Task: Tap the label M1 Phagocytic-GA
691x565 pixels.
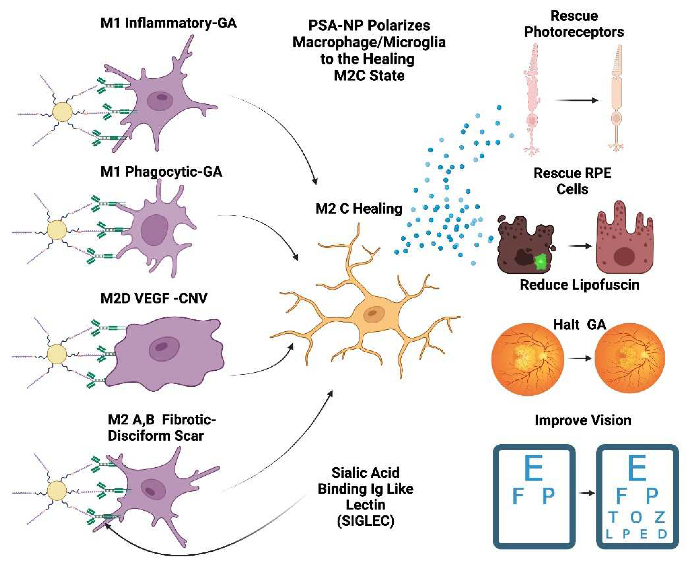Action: pos(161,172)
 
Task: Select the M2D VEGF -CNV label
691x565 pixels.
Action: pos(154,298)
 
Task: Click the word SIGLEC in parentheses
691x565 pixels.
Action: pos(365,521)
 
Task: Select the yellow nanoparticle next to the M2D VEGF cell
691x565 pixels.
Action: pos(57,354)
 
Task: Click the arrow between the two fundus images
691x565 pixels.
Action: pos(579,358)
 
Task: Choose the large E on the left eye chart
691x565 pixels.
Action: pos(534,468)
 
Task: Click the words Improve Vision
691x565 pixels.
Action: pos(583,420)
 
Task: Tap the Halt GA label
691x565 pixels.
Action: pos(580,325)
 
